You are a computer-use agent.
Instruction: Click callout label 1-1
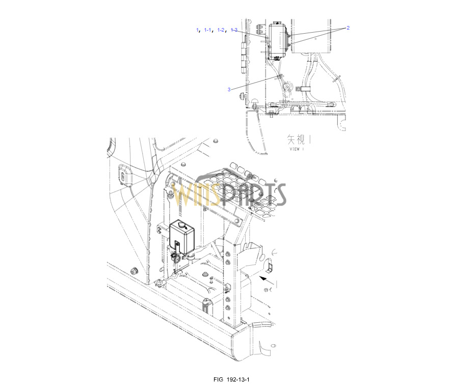tap(207, 30)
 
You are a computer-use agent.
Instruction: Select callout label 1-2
tap(221, 30)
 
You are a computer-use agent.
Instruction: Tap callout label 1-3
tap(234, 30)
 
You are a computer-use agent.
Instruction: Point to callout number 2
tap(348, 28)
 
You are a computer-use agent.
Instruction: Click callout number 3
tap(229, 89)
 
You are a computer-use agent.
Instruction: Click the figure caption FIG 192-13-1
tap(231, 379)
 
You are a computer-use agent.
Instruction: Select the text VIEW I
tap(297, 149)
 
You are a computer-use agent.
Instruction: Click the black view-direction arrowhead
tap(263, 279)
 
